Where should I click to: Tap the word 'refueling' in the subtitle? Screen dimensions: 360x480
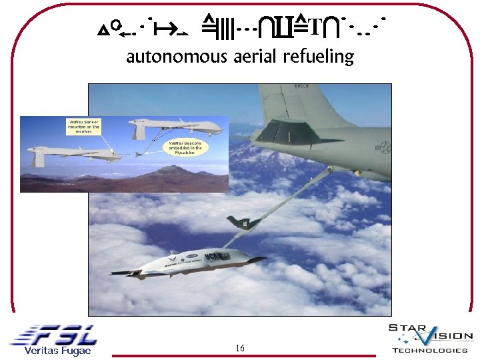coord(318,57)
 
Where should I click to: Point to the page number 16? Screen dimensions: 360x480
coord(240,348)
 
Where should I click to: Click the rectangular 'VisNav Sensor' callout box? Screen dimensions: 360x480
coord(84,126)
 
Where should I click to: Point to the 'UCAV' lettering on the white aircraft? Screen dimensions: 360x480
coord(218,257)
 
